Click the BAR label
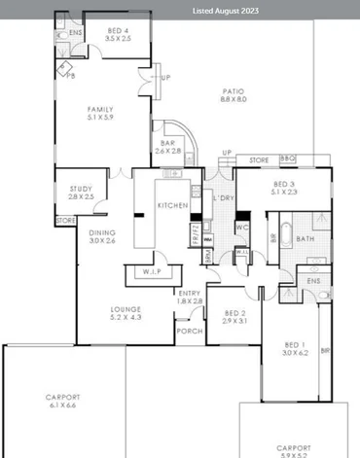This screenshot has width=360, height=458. click(168, 146)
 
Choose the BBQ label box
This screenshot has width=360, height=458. click(287, 159)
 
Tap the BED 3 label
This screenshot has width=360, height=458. click(283, 187)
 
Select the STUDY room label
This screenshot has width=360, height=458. click(81, 192)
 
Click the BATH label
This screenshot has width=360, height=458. click(305, 238)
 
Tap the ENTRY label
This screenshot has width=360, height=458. click(190, 297)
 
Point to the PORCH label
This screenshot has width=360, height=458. click(189, 331)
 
